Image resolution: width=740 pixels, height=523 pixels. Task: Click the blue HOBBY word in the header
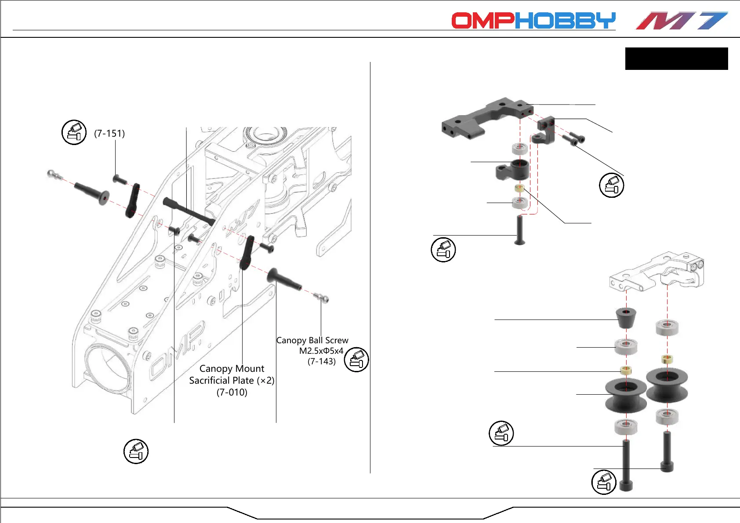[x=566, y=21]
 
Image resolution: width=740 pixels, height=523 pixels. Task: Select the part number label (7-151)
[x=109, y=133]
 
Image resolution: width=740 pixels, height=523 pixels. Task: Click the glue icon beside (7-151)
[x=74, y=132]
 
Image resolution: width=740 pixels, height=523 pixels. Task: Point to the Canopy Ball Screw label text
[x=312, y=340]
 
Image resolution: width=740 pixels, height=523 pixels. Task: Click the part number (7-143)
[x=321, y=361]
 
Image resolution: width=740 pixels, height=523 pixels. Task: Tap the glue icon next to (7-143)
[x=356, y=359]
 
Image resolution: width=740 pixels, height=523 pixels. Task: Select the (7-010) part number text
[x=232, y=392]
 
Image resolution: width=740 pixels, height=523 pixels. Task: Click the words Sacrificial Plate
[x=221, y=380]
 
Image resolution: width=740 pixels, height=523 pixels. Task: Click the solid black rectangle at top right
[x=676, y=58]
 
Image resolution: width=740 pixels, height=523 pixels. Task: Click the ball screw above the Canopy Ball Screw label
[x=322, y=298]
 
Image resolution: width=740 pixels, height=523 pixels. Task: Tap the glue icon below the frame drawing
[x=136, y=451]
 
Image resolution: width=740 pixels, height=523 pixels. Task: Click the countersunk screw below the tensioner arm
[x=520, y=230]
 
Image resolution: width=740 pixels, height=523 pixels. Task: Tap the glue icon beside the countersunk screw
[x=443, y=250]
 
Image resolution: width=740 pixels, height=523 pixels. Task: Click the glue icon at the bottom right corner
[x=604, y=482]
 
